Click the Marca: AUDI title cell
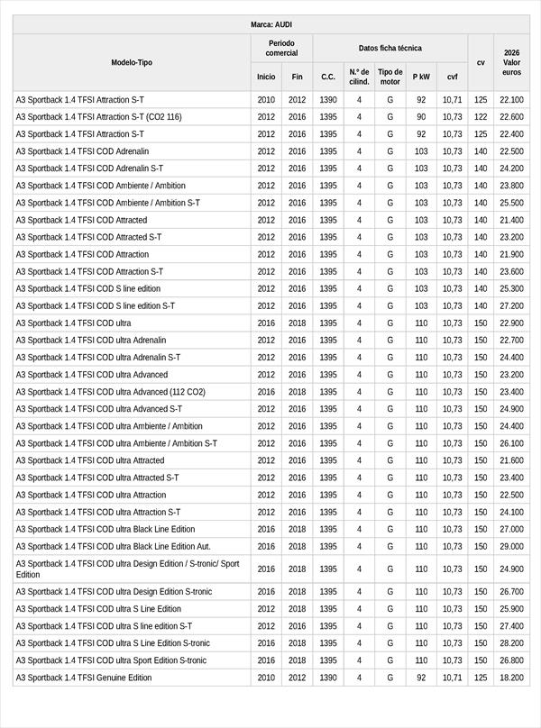point(270,24)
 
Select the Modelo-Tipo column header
point(132,63)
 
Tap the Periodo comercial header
point(281,48)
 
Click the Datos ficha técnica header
point(390,48)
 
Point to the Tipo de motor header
point(390,77)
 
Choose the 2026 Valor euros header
point(511,63)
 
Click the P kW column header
point(421,77)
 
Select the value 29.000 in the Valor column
point(511,547)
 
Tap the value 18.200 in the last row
point(511,678)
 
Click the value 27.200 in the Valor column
point(511,306)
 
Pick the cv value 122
point(481,117)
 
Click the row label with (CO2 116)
point(98,117)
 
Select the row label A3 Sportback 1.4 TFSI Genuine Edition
point(84,678)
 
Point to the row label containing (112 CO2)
point(110,392)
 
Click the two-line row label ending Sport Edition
point(127,569)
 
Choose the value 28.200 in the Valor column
point(511,643)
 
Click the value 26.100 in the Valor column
point(511,443)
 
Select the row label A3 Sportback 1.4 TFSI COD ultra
point(73,323)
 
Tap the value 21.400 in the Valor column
point(511,220)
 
